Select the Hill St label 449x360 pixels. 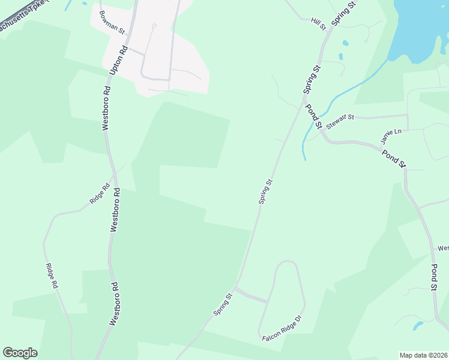tap(318, 23)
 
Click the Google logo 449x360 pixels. tap(20, 353)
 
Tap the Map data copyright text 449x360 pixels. tap(424, 355)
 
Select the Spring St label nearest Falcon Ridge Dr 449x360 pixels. tap(221, 305)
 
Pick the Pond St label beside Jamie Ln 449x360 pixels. tap(395, 157)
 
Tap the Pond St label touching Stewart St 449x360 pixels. tap(314, 116)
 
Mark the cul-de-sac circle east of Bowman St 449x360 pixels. tap(154, 26)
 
